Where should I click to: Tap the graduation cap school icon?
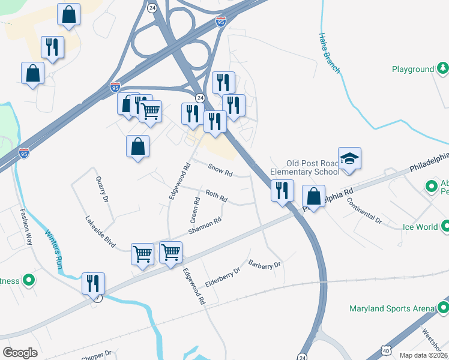(x=349, y=159)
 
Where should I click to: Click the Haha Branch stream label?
(x=329, y=53)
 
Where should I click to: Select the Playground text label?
(x=412, y=70)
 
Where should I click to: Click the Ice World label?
(x=420, y=227)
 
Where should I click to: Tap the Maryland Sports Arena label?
(x=391, y=309)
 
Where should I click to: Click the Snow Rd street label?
(x=220, y=170)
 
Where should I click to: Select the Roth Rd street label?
(x=217, y=196)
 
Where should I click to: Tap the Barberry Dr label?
(x=265, y=264)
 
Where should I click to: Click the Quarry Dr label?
(x=101, y=189)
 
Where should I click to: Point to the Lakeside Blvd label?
(x=100, y=232)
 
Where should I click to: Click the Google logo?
(x=20, y=352)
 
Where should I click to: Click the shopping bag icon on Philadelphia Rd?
(x=313, y=196)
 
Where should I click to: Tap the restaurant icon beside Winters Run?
(x=93, y=283)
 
